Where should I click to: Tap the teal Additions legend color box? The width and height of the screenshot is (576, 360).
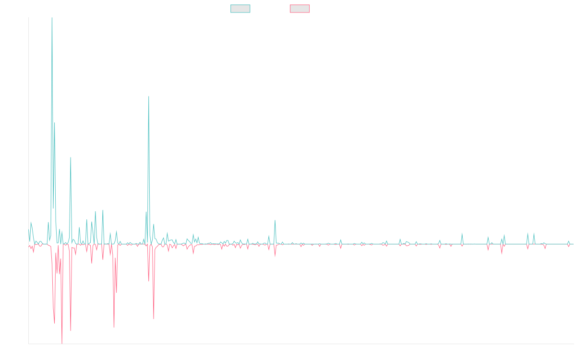pos(240,9)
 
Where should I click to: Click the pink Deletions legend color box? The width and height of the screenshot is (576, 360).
pos(300,9)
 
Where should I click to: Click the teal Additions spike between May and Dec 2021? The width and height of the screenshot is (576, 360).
pos(275,220)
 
